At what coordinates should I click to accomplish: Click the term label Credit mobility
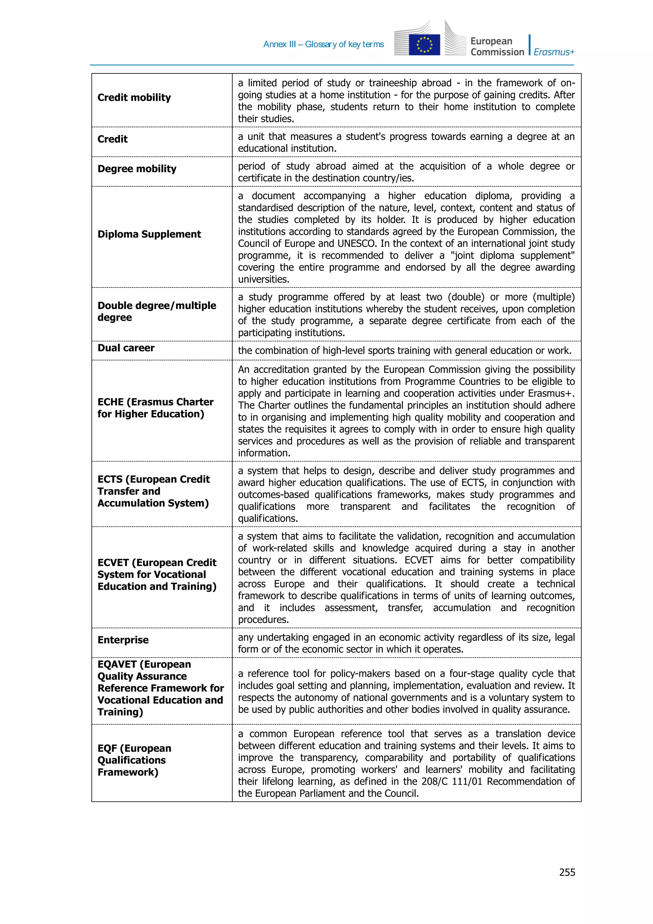click(134, 97)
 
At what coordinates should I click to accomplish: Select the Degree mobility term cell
click(137, 169)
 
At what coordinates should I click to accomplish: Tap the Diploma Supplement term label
click(149, 234)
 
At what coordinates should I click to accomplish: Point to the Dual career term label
click(126, 348)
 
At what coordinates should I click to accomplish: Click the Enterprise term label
click(123, 640)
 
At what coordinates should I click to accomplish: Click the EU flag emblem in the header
click(424, 45)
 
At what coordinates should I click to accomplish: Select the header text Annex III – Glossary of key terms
click(324, 44)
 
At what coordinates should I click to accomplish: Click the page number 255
click(567, 872)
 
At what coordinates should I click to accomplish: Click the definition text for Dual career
click(404, 351)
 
